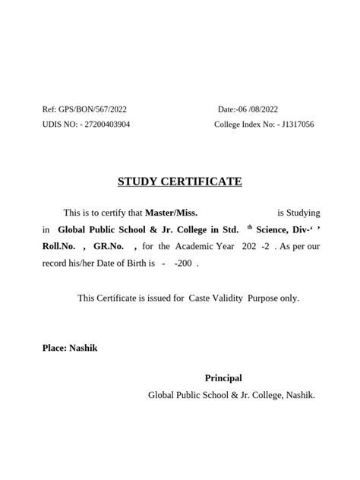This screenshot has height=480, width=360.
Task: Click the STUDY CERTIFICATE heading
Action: pos(180,182)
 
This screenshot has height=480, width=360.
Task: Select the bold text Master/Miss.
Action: pos(172,213)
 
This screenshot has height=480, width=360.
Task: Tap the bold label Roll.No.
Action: pos(59,246)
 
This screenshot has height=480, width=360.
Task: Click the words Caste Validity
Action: pos(216,298)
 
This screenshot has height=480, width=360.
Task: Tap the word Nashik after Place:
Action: pos(84,349)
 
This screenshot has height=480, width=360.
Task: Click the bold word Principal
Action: pos(223,378)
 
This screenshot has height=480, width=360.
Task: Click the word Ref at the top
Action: pos(49,110)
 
